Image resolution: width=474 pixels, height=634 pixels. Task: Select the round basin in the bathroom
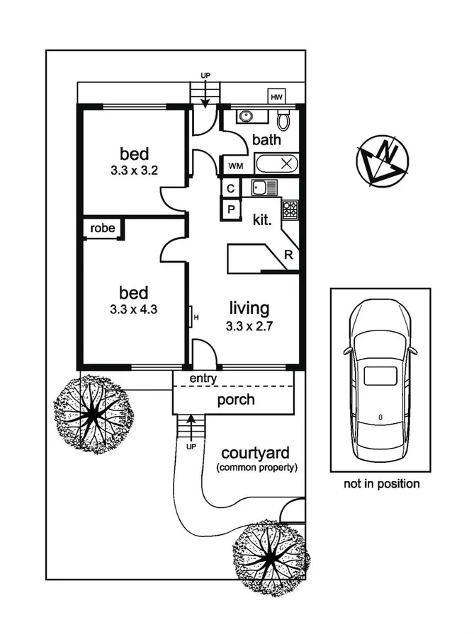pyautogui.click(x=247, y=117)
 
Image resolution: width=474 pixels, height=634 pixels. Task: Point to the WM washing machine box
pyautogui.click(x=235, y=166)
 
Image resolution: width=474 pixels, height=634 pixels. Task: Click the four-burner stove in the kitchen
pyautogui.click(x=290, y=209)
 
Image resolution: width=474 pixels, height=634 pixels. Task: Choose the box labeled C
pyautogui.click(x=231, y=188)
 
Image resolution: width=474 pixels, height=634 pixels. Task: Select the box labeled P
pyautogui.click(x=231, y=209)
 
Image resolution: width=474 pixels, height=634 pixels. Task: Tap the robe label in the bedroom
pyautogui.click(x=102, y=229)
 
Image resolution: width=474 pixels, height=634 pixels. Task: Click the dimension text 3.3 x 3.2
pyautogui.click(x=133, y=171)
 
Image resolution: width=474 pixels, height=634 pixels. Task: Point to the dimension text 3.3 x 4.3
pyautogui.click(x=133, y=309)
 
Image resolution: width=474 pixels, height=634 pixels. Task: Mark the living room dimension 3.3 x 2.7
pyautogui.click(x=249, y=326)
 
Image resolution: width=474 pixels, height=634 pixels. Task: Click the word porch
pyautogui.click(x=236, y=400)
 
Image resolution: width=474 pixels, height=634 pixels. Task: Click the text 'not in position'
pyautogui.click(x=382, y=484)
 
